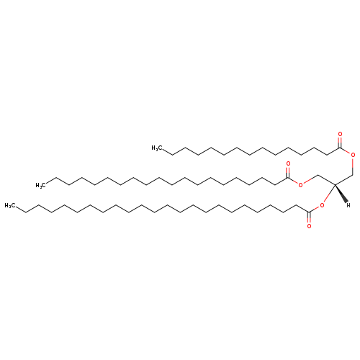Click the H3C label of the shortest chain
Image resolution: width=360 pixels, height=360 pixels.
(x=157, y=148)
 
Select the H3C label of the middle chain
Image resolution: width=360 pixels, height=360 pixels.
(x=41, y=185)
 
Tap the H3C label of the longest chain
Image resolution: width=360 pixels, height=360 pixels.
(x=10, y=205)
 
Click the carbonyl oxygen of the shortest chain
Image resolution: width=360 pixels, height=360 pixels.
(x=340, y=134)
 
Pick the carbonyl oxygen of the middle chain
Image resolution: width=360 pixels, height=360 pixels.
(x=288, y=164)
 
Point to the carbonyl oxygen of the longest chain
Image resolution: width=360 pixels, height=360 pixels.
(x=309, y=226)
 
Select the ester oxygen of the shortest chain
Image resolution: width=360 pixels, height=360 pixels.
(x=353, y=155)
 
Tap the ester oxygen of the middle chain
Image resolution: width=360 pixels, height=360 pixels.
(x=300, y=185)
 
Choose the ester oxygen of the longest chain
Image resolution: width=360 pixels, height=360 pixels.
(x=322, y=205)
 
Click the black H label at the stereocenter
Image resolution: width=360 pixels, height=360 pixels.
(x=348, y=205)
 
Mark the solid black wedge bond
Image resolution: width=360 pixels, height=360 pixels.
(x=341, y=193)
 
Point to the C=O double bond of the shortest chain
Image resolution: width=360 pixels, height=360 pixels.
(x=340, y=143)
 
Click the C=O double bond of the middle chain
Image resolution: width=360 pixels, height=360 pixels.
(x=288, y=172)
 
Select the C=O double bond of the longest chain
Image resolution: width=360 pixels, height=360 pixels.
(x=309, y=217)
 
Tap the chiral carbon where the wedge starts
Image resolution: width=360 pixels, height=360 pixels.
(x=335, y=185)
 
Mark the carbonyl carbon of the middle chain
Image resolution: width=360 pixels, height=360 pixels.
(x=288, y=178)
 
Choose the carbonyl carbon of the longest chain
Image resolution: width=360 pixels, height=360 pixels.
(x=309, y=212)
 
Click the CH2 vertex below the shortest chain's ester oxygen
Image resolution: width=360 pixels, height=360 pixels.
(x=353, y=175)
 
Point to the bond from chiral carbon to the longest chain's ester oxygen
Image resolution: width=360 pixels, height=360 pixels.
(x=329, y=194)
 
